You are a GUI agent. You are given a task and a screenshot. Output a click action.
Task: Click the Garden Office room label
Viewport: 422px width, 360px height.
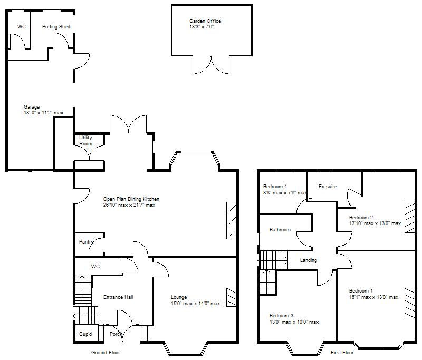[205, 21]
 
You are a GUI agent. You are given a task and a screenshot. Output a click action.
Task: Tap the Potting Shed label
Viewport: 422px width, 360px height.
[56, 26]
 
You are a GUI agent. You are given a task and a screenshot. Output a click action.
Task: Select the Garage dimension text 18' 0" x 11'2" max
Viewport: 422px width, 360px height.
[44, 113]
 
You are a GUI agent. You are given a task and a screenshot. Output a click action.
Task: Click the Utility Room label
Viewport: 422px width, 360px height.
[85, 141]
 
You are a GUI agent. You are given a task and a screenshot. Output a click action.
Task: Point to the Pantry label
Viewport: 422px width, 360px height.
[86, 242]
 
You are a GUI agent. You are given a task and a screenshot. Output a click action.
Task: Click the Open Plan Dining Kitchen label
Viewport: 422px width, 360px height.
[131, 199]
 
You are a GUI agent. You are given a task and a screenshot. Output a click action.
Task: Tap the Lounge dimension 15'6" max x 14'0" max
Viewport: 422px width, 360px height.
[195, 304]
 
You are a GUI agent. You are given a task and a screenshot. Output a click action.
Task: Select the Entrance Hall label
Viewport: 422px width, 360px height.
[118, 297]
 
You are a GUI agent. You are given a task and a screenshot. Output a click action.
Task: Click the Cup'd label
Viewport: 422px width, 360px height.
[85, 334]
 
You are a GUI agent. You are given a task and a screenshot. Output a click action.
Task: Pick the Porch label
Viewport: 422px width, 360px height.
[116, 334]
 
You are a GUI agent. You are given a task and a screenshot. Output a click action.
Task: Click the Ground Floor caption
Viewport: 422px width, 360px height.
[105, 353]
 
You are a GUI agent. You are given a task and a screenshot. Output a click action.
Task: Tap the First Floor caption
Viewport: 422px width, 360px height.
[342, 353]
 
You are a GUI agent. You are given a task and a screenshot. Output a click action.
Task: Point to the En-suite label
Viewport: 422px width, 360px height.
[328, 187]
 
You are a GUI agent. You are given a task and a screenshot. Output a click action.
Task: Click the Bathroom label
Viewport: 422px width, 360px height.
[280, 230]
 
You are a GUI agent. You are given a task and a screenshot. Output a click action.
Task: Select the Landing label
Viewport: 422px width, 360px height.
[309, 260]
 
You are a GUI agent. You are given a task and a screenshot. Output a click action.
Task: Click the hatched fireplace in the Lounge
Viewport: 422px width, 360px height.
[232, 297]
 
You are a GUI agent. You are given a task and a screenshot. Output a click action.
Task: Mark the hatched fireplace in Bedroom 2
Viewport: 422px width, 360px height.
[410, 218]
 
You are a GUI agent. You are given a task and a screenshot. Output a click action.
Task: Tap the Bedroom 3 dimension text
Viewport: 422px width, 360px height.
[294, 322]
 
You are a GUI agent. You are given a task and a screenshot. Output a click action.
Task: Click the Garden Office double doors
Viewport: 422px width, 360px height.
[212, 65]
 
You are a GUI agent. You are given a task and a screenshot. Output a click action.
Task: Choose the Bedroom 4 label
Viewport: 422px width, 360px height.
[275, 186]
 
